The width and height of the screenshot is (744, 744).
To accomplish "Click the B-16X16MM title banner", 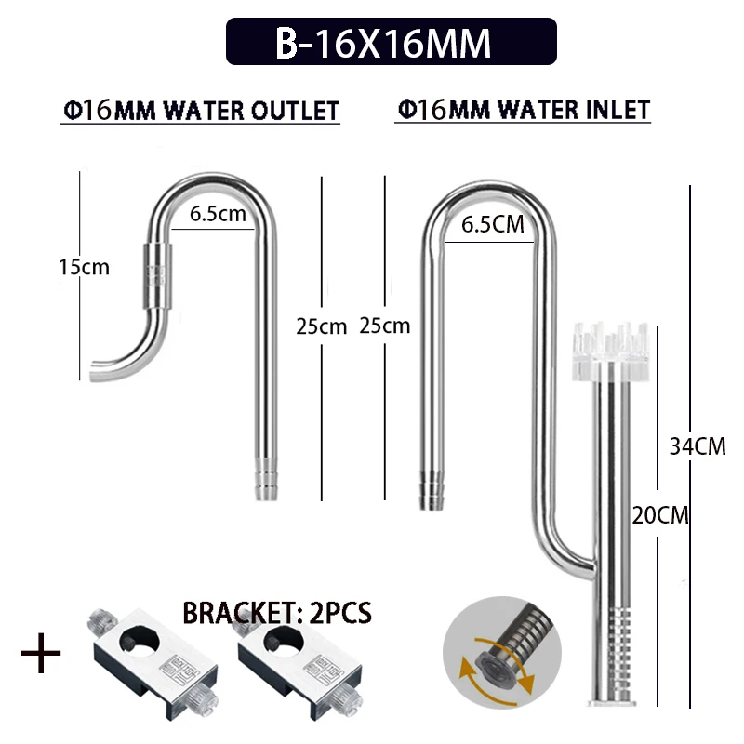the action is coord(391,41).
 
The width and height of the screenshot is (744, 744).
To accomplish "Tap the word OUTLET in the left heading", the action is coord(295,111).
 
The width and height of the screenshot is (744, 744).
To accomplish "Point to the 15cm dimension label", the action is coord(84,267).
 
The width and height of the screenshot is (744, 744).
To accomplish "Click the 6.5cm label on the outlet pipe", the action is coord(218,214).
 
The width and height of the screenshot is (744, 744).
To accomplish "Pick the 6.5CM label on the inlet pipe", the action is coord(493,224).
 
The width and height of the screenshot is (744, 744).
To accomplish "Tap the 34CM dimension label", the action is coord(697,446).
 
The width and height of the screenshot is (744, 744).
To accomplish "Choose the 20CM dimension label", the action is coord(660,515).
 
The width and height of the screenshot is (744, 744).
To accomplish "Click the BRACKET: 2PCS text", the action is coord(277,613).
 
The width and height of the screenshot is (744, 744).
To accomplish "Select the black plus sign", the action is coord(41,653).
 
